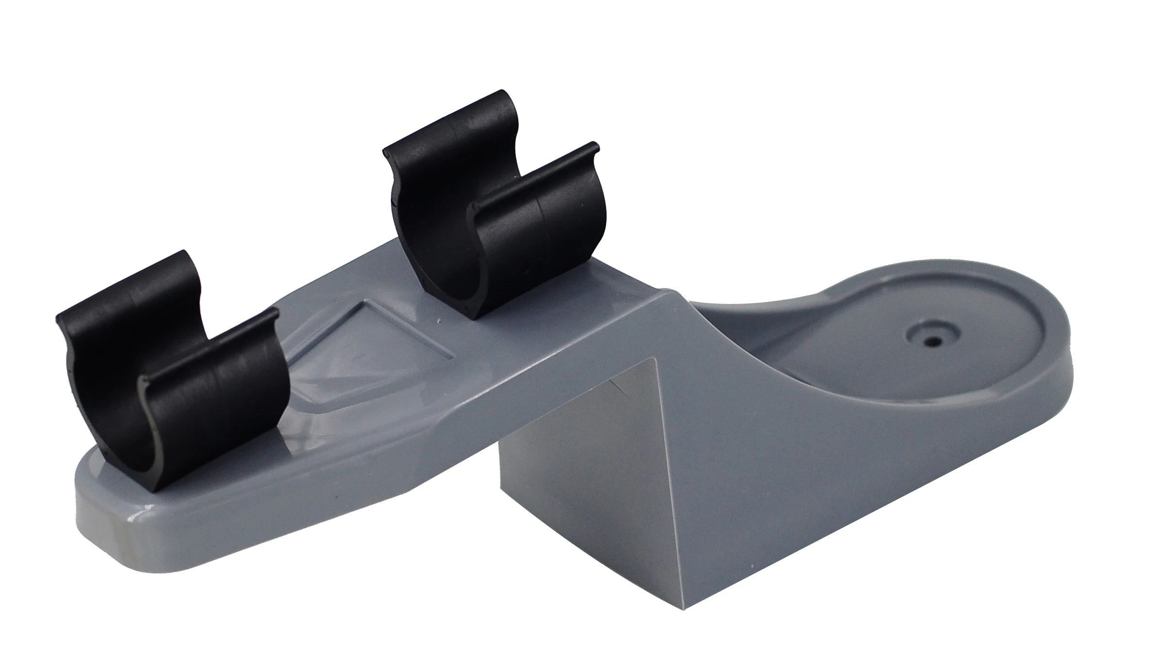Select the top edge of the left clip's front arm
click(209, 349)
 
